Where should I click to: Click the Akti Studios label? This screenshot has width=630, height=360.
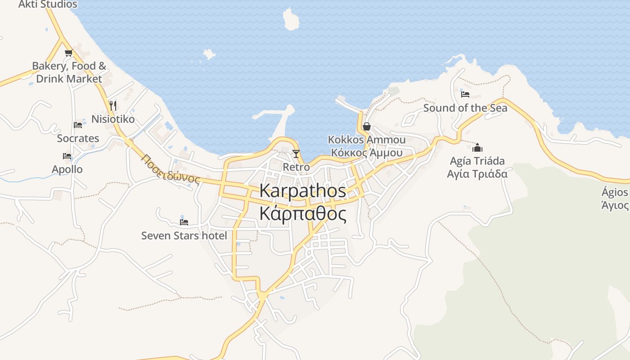tap(48, 4)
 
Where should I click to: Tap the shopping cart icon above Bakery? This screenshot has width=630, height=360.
tap(68, 53)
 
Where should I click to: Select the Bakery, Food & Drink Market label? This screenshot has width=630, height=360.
tap(69, 72)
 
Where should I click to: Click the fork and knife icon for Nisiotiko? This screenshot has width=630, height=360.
tap(113, 106)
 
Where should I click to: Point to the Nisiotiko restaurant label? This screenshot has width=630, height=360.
tap(113, 119)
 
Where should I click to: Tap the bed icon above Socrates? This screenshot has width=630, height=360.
tap(78, 125)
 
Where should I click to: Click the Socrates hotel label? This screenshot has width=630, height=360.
tap(78, 138)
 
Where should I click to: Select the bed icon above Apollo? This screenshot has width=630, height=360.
tap(67, 156)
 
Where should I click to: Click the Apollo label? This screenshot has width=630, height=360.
tap(67, 169)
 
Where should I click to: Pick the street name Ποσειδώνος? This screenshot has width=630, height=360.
tap(170, 169)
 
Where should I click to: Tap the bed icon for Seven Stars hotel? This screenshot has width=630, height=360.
tap(184, 221)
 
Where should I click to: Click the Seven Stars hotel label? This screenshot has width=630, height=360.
tap(184, 235)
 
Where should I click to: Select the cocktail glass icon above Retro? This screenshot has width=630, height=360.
tap(296, 154)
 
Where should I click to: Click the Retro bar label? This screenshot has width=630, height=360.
tap(296, 167)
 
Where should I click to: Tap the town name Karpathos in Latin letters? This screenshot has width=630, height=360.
tap(303, 191)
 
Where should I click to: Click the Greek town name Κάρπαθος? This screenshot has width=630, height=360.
tap(303, 214)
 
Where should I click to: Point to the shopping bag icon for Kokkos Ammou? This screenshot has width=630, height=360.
tap(367, 126)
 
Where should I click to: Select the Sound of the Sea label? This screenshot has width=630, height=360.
tap(465, 108)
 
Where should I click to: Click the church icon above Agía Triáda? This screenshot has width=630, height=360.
tap(477, 148)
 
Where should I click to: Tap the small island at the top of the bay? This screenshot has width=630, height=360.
tap(291, 19)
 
